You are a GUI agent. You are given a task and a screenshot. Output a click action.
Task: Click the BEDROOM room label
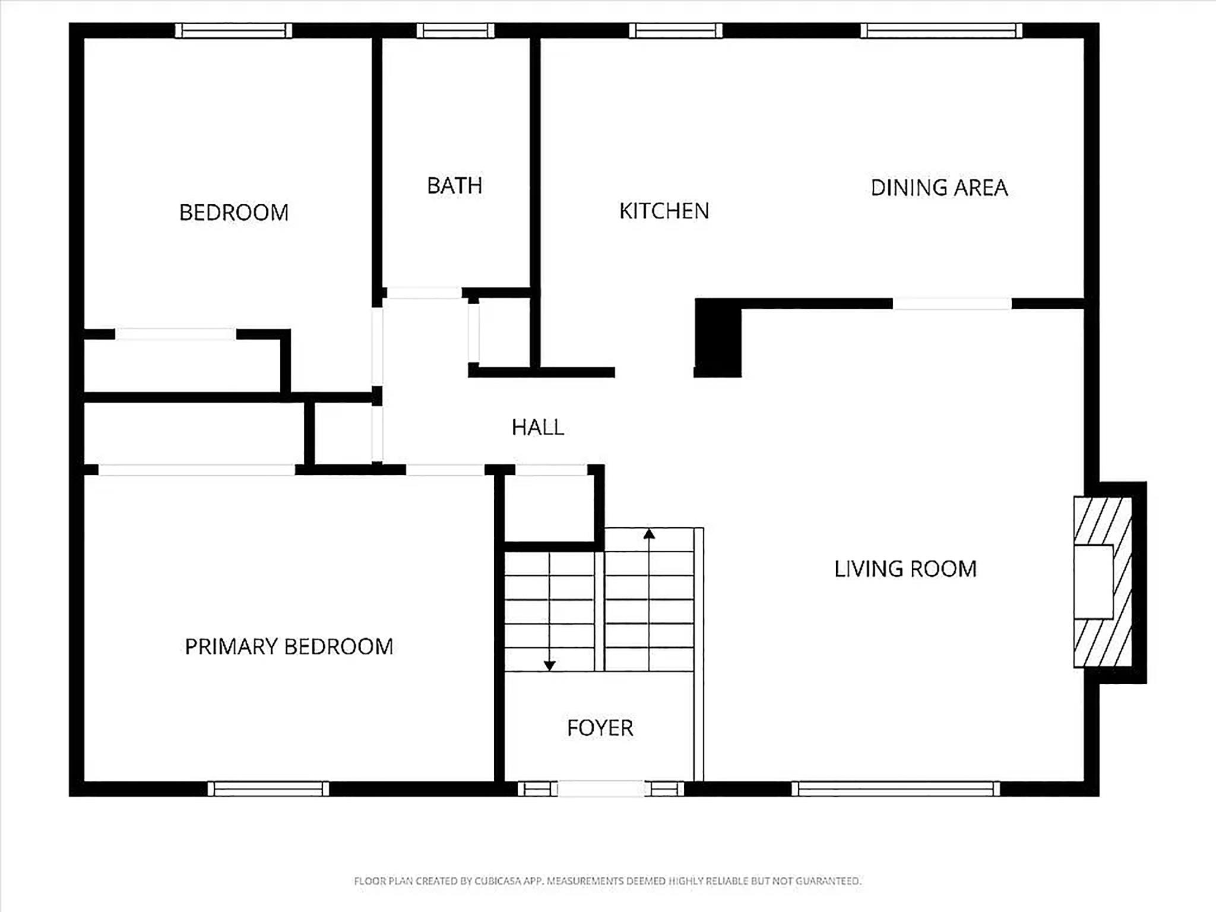[234, 213]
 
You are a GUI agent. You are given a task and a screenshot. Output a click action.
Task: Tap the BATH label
[455, 186]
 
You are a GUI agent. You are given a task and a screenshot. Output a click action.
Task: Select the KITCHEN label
[664, 211]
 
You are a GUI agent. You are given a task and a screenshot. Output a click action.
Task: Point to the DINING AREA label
[939, 188]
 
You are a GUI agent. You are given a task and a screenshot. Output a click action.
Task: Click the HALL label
[538, 427]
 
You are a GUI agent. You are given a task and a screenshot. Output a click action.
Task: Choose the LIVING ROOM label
[905, 569]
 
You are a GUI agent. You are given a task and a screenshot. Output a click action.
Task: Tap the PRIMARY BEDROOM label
[289, 647]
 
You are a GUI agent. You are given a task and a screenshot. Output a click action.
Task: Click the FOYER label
[600, 728]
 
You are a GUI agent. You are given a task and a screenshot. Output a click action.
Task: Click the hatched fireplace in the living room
[1103, 582]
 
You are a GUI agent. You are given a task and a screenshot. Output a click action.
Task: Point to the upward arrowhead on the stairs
[649, 534]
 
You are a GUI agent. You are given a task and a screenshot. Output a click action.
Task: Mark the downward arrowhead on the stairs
[550, 666]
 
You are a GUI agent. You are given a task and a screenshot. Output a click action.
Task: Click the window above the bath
[455, 30]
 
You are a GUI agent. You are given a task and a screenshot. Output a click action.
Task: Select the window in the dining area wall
[942, 30]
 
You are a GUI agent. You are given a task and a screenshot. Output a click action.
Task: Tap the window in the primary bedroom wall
[268, 788]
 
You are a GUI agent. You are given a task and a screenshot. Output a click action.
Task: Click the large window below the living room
[896, 788]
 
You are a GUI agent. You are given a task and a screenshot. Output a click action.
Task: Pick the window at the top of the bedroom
[234, 30]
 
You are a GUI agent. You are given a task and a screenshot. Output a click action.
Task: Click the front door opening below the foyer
[601, 788]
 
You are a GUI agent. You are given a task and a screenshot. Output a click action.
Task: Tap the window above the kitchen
[676, 30]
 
